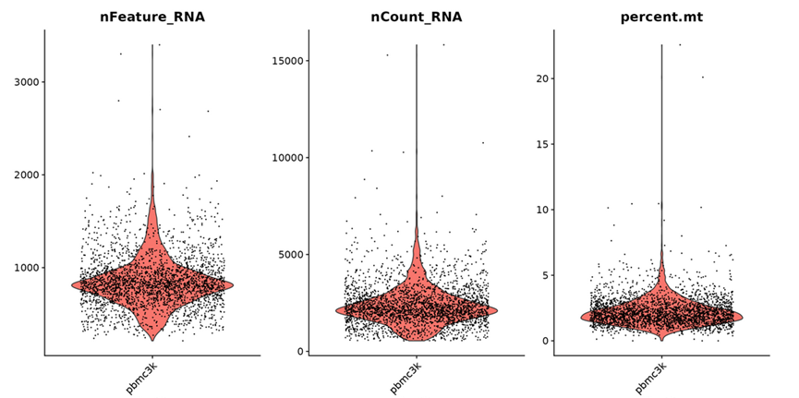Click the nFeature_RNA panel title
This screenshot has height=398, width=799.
tap(152, 16)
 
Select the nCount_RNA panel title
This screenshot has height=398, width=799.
tap(416, 16)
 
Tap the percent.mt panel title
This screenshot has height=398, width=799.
tap(661, 16)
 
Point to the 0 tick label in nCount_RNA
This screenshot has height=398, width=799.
tap(298, 352)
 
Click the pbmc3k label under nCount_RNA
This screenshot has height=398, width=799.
tap(403, 376)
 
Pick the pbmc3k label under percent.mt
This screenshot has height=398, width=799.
tap(648, 376)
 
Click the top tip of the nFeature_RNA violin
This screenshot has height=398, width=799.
tap(152, 44)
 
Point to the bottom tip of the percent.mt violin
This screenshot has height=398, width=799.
tap(661, 341)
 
